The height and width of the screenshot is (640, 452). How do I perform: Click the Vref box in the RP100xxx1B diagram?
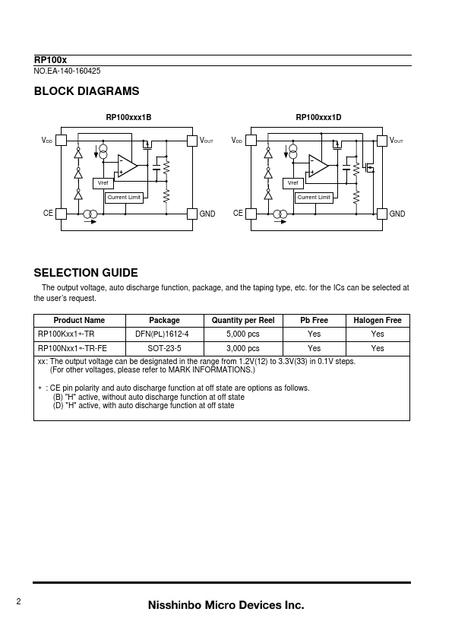tap(103, 183)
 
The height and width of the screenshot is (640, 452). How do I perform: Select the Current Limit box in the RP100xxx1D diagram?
tap(314, 198)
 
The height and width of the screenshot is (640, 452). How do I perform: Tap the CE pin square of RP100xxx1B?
tap(62, 214)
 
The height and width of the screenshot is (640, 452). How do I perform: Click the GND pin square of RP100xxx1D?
tap(382, 214)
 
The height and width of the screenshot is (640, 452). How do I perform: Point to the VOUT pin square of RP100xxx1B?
tap(192, 141)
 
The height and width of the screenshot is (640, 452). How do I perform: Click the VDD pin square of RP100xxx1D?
tap(251, 141)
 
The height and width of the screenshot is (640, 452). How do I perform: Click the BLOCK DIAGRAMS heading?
tap(87, 91)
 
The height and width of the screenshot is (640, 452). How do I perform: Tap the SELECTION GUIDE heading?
tap(86, 273)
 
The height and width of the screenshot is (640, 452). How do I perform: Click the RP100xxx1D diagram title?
tap(318, 118)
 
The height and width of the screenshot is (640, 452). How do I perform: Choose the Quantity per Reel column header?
tap(243, 321)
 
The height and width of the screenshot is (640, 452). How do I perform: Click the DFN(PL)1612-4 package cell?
tap(162, 334)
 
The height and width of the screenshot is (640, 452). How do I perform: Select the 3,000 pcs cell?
tap(243, 348)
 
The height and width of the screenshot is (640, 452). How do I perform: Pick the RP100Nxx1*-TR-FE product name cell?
tap(72, 348)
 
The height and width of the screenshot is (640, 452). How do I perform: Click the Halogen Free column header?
tap(378, 321)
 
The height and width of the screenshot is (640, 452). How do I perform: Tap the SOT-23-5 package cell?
tap(164, 348)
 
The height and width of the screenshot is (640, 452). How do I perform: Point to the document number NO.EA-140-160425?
tap(67, 71)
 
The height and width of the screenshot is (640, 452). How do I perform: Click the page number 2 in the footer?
tap(18, 601)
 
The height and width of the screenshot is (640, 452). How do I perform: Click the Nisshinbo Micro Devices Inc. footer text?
tap(226, 605)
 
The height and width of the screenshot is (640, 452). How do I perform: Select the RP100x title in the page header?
tap(50, 60)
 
